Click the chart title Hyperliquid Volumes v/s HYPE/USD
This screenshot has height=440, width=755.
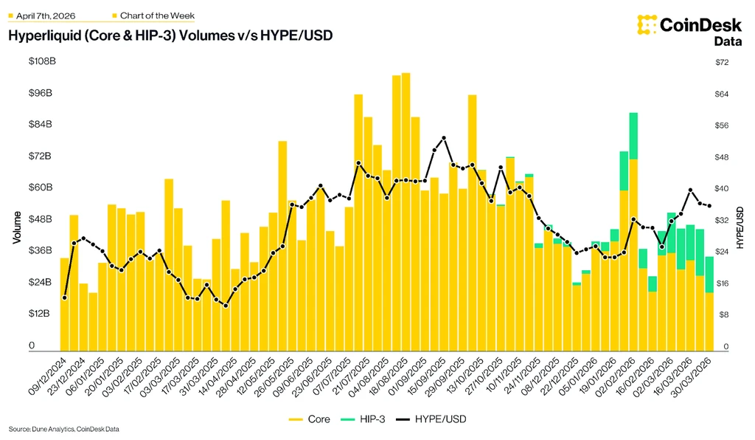pyautogui.click(x=170, y=35)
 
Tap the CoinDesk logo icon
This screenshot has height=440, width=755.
pyautogui.click(x=647, y=24)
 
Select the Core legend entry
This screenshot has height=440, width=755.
pyautogui.click(x=309, y=419)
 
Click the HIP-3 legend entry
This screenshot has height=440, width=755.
pyautogui.click(x=363, y=419)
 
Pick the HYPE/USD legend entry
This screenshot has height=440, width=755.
pyautogui.click(x=431, y=419)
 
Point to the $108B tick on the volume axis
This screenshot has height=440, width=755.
pyautogui.click(x=42, y=61)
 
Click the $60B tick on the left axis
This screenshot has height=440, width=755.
pyautogui.click(x=41, y=187)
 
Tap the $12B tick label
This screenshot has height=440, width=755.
pyautogui.click(x=40, y=313)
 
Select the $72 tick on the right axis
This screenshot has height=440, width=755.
pyautogui.click(x=722, y=62)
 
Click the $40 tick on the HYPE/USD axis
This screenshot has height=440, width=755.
pyautogui.click(x=722, y=188)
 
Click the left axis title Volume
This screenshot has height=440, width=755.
pyautogui.click(x=17, y=227)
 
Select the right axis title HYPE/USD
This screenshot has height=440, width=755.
pyautogui.click(x=740, y=227)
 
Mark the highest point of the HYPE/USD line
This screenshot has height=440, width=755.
pyautogui.click(x=443, y=138)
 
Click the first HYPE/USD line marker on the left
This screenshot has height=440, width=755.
pyautogui.click(x=65, y=298)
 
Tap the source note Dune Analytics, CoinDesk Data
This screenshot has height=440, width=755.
pyautogui.click(x=63, y=429)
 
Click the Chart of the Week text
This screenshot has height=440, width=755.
pyautogui.click(x=158, y=16)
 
